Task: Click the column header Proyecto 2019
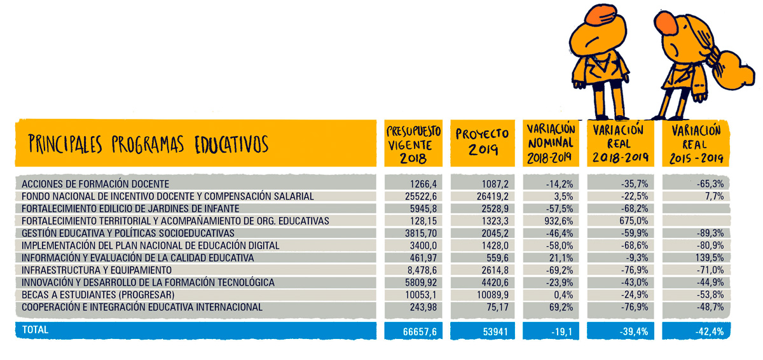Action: [x=482, y=142]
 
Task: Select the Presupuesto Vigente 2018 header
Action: [x=413, y=144]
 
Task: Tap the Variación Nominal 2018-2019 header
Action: [x=551, y=143]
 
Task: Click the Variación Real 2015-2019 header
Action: [x=696, y=144]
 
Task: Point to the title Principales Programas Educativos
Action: [x=148, y=144]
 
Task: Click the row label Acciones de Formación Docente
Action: [x=95, y=184]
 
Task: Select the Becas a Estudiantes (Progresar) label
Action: [x=98, y=294]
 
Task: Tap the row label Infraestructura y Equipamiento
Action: [x=97, y=270]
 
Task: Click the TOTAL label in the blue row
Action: [x=35, y=329]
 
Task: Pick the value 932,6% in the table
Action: [x=558, y=221]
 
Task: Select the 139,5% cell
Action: [x=709, y=258]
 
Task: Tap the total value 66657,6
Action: [x=420, y=332]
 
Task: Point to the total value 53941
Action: [x=495, y=332]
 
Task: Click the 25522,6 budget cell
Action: [x=421, y=197]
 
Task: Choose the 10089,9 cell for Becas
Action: [x=493, y=294]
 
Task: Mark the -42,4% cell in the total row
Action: [x=710, y=332]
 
